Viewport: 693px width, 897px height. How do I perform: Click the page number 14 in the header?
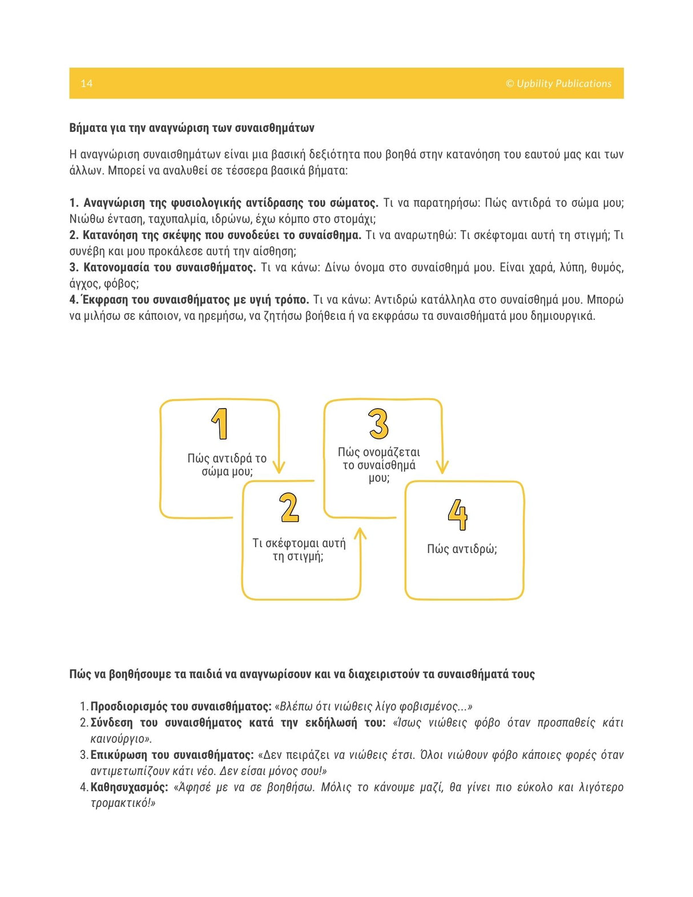pyautogui.click(x=86, y=83)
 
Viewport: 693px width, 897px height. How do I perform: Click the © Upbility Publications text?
pyautogui.click(x=558, y=83)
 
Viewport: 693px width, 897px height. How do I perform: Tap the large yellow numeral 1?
pyautogui.click(x=220, y=424)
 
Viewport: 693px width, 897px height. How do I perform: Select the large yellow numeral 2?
pyautogui.click(x=289, y=508)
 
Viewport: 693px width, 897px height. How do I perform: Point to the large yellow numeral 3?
pyautogui.click(x=378, y=424)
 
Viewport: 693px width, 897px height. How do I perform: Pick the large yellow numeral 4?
pyautogui.click(x=458, y=515)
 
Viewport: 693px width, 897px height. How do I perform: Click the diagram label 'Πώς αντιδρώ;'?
pyautogui.click(x=462, y=549)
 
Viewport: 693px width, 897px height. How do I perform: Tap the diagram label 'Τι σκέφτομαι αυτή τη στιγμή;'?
pyautogui.click(x=299, y=549)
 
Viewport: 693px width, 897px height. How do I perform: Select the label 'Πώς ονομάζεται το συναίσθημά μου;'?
pyautogui.click(x=378, y=465)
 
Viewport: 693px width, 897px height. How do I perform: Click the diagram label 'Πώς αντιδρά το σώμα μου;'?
pyautogui.click(x=227, y=464)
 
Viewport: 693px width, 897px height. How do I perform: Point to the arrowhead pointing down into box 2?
pyautogui.click(x=279, y=467)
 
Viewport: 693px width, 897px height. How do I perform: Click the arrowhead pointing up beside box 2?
pyautogui.click(x=360, y=534)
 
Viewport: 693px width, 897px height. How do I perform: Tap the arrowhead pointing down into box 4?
pyautogui.click(x=442, y=467)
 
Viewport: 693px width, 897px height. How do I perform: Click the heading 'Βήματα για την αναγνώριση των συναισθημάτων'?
pyautogui.click(x=192, y=128)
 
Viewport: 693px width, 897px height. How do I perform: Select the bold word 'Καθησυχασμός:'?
pyautogui.click(x=129, y=787)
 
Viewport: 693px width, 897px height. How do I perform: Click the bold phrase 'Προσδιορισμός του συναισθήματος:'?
pyautogui.click(x=181, y=706)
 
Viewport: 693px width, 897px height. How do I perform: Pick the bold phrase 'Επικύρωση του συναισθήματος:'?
pyautogui.click(x=172, y=755)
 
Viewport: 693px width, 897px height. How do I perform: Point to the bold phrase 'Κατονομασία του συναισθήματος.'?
pyautogui.click(x=170, y=268)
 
